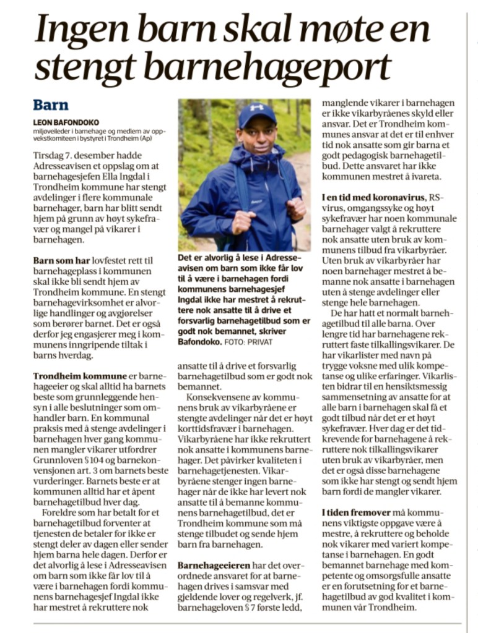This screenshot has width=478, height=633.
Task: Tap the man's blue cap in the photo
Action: pos(256,113)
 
